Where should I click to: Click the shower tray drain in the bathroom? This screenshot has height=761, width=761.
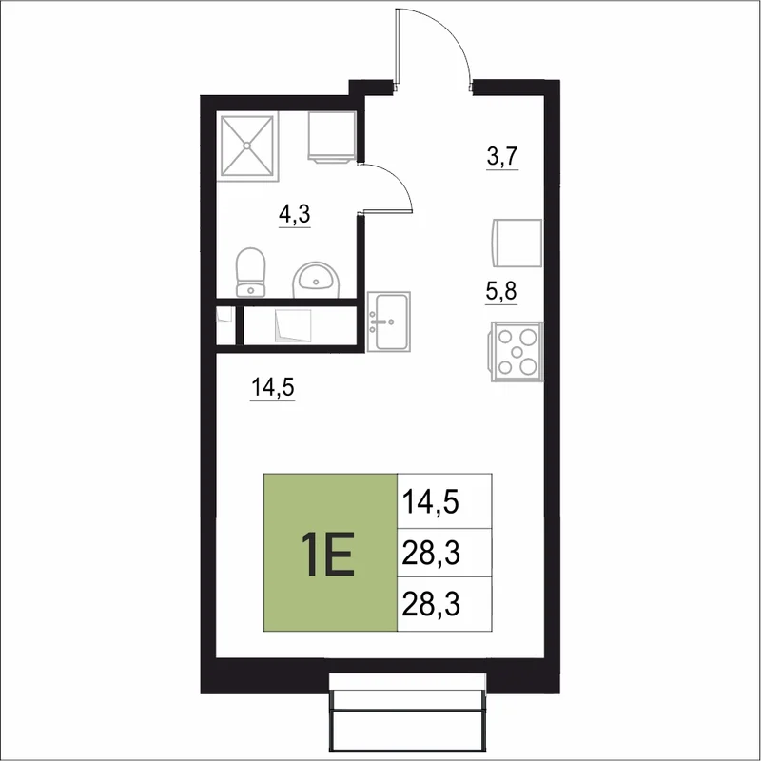pyautogui.click(x=247, y=146)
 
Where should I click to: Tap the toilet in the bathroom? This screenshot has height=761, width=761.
pyautogui.click(x=250, y=272)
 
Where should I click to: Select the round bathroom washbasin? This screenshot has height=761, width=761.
pyautogui.click(x=317, y=280)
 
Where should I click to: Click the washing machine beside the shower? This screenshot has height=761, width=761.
pyautogui.click(x=331, y=137)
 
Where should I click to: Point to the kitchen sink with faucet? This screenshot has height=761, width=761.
pyautogui.click(x=389, y=322)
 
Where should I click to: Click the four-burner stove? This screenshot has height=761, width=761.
pyautogui.click(x=517, y=351)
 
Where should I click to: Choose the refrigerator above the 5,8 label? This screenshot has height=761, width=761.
pyautogui.click(x=517, y=243)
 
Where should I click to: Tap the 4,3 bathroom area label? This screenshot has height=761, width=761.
pyautogui.click(x=295, y=214)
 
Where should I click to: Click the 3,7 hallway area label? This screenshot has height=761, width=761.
pyautogui.click(x=502, y=157)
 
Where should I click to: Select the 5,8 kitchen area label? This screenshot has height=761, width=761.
pyautogui.click(x=501, y=291)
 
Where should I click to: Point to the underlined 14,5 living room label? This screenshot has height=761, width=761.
pyautogui.click(x=273, y=388)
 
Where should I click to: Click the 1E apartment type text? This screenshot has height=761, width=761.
pyautogui.click(x=328, y=554)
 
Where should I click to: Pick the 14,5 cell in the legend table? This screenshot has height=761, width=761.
pyautogui.click(x=444, y=501)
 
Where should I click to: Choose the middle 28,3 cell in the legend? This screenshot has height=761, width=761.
pyautogui.click(x=444, y=553)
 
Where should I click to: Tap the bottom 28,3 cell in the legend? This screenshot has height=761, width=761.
pyautogui.click(x=444, y=604)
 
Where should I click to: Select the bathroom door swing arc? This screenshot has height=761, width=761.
pyautogui.click(x=398, y=178)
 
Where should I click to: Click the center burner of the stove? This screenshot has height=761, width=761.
pyautogui.click(x=517, y=351)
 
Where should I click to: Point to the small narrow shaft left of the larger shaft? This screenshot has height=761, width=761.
pyautogui.click(x=225, y=325)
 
